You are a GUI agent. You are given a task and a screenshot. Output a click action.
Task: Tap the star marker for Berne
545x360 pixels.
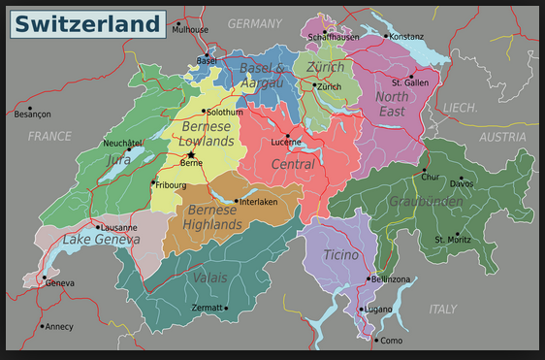(x=192, y=154)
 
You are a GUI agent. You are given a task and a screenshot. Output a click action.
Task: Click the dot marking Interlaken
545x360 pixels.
(x=236, y=202)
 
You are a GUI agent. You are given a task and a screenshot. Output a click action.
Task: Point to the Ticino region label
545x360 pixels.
(x=340, y=254)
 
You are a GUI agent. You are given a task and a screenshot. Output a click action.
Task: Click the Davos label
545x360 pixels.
(x=462, y=182)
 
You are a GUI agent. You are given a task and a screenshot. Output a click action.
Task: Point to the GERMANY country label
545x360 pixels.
(x=254, y=22)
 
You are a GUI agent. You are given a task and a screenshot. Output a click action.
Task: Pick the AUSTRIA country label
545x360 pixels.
(x=502, y=137)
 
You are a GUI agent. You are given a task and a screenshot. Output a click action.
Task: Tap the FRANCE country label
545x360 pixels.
(x=49, y=137)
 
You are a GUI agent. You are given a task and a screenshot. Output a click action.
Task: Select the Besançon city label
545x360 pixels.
(x=32, y=115)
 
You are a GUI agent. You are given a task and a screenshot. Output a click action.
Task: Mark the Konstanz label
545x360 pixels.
(x=405, y=37)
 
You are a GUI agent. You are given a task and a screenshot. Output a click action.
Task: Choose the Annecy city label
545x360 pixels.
(x=58, y=326)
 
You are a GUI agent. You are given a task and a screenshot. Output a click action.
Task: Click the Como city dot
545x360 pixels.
(x=376, y=340)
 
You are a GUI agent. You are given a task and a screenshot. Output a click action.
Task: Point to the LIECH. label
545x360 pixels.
(x=461, y=108)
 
